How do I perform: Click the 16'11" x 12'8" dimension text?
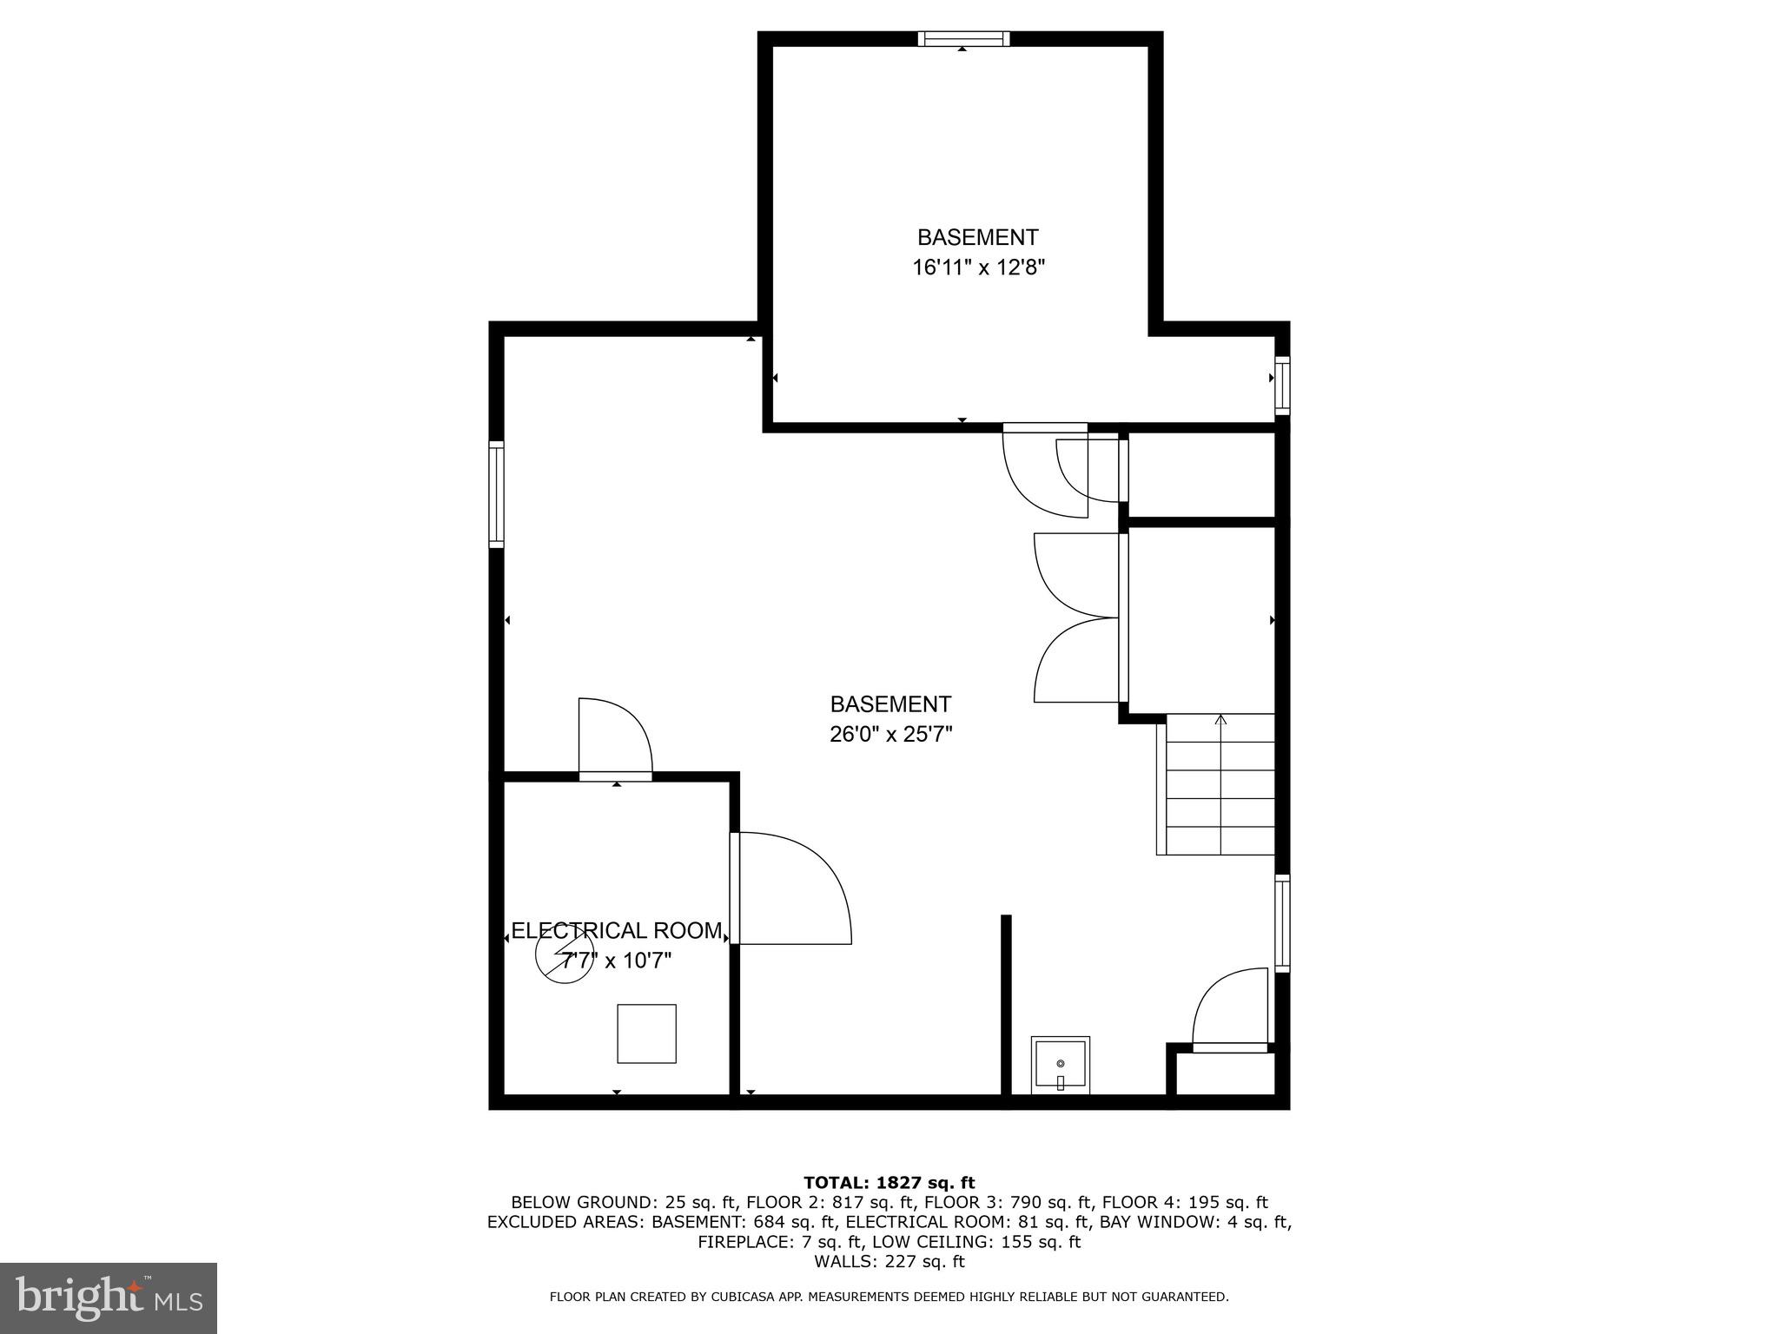(977, 267)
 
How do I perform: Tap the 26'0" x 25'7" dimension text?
(890, 735)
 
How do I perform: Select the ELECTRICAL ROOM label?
(617, 931)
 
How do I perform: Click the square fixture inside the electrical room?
(646, 1034)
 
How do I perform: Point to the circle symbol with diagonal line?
(565, 954)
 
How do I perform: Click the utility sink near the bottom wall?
(1060, 1065)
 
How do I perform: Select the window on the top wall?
(963, 38)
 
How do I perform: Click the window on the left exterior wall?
(496, 494)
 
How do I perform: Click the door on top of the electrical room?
(615, 738)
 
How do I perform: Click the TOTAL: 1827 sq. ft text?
(889, 1183)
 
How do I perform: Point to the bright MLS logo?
(109, 1298)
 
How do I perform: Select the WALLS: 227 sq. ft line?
(889, 1262)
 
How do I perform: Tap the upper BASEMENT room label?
(977, 237)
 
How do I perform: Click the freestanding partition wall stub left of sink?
(1006, 1007)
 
